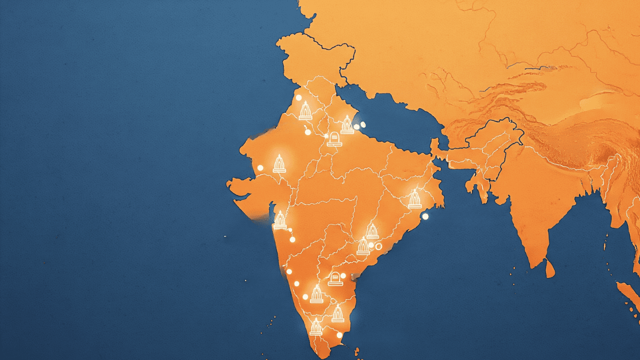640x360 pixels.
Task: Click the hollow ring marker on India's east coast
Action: (378, 246)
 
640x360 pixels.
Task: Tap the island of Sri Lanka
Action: (549, 268)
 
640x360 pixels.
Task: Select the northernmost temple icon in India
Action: (305, 110)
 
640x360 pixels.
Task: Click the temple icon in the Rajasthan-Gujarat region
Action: (279, 163)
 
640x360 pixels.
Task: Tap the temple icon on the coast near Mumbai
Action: (280, 220)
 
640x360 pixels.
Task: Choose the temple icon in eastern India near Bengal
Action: (414, 199)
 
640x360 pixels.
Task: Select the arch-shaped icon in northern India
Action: (334, 138)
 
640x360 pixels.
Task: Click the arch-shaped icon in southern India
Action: (335, 278)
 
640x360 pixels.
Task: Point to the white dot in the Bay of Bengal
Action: (425, 216)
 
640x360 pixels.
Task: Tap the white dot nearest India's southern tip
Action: (339, 335)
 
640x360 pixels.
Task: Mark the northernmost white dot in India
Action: (298, 98)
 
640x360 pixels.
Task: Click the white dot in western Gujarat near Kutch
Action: (260, 167)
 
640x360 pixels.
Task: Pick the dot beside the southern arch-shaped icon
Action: (343, 275)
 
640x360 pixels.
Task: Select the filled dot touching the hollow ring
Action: (371, 244)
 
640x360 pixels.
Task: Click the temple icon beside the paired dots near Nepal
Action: (347, 125)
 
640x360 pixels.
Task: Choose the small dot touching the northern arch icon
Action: (326, 135)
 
